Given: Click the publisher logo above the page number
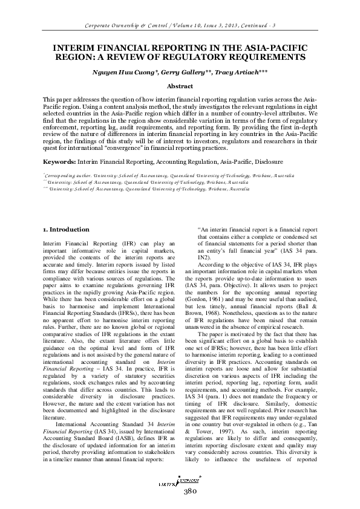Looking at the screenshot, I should click(179, 480).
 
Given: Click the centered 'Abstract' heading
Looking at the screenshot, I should click(179, 87).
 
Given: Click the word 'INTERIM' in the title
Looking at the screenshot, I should click(76, 47).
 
